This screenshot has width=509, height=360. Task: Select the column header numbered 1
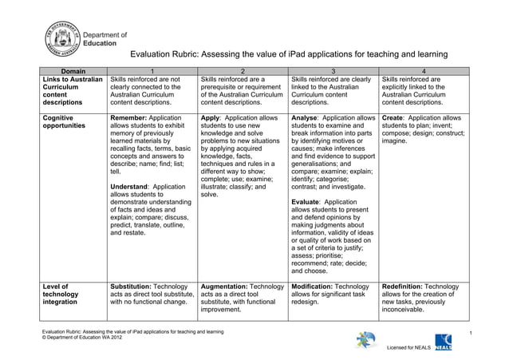tap(152, 71)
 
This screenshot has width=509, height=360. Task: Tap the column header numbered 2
tap(243, 71)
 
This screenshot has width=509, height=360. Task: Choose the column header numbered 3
tap(333, 71)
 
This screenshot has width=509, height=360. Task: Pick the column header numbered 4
tap(424, 71)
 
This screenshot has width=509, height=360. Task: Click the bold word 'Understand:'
tap(135, 187)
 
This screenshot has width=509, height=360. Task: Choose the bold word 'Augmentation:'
tap(231, 286)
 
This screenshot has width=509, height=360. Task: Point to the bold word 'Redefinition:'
tap(411, 286)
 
